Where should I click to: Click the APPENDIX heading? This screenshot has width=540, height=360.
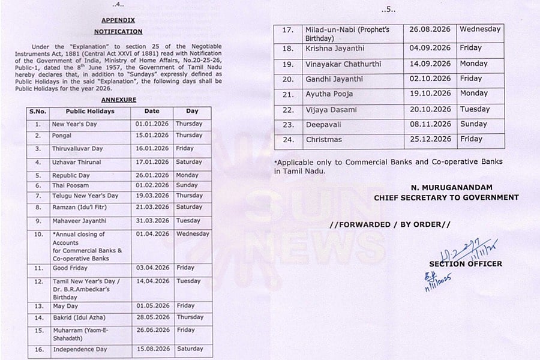[118, 20]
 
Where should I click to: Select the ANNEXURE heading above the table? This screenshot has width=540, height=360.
[118, 100]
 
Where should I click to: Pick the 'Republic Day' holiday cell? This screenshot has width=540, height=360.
[71, 176]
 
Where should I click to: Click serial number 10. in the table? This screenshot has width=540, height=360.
[38, 235]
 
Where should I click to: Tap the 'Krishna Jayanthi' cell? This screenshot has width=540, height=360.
[327, 48]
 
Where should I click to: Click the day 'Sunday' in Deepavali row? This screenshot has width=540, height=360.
[473, 124]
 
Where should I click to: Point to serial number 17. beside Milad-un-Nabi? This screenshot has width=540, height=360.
[287, 30]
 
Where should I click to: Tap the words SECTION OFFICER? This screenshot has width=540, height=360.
[466, 263]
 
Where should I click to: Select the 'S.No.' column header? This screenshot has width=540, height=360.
[38, 112]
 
